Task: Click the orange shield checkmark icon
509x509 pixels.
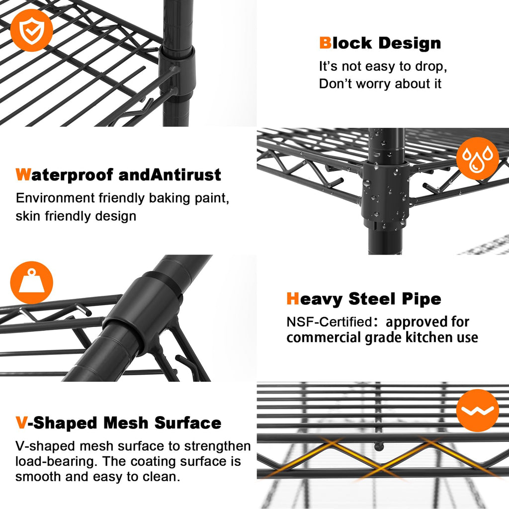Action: [x=31, y=30]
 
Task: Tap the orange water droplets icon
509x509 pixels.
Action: [x=478, y=159]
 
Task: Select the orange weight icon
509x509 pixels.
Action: [x=31, y=282]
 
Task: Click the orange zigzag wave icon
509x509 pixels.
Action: [x=478, y=410]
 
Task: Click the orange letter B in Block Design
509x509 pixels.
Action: [x=325, y=43]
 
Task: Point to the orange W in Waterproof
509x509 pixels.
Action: [x=23, y=174]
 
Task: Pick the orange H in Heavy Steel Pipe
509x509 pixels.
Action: [x=292, y=298]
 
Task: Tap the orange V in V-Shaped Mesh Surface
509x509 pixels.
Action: [x=21, y=423]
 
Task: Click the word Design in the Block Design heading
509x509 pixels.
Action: [x=410, y=44]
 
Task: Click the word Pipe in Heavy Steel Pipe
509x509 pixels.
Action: [x=422, y=299]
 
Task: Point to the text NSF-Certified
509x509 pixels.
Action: [x=329, y=322]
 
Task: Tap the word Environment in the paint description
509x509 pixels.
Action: [x=55, y=198]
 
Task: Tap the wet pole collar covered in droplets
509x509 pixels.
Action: [x=385, y=194]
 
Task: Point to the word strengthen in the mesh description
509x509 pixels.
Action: [x=218, y=446]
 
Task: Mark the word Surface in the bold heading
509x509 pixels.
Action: [x=188, y=423]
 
